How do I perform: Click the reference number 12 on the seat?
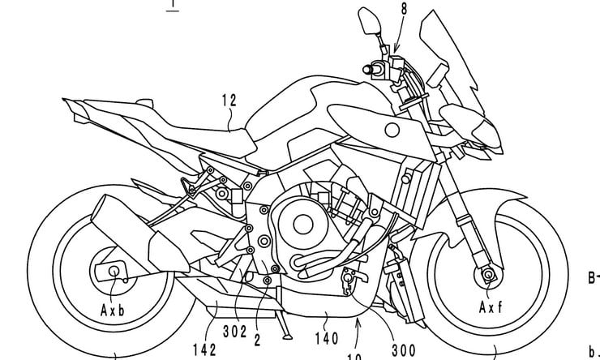click(229, 101)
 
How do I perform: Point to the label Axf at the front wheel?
click(491, 308)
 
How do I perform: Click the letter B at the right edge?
click(592, 278)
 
